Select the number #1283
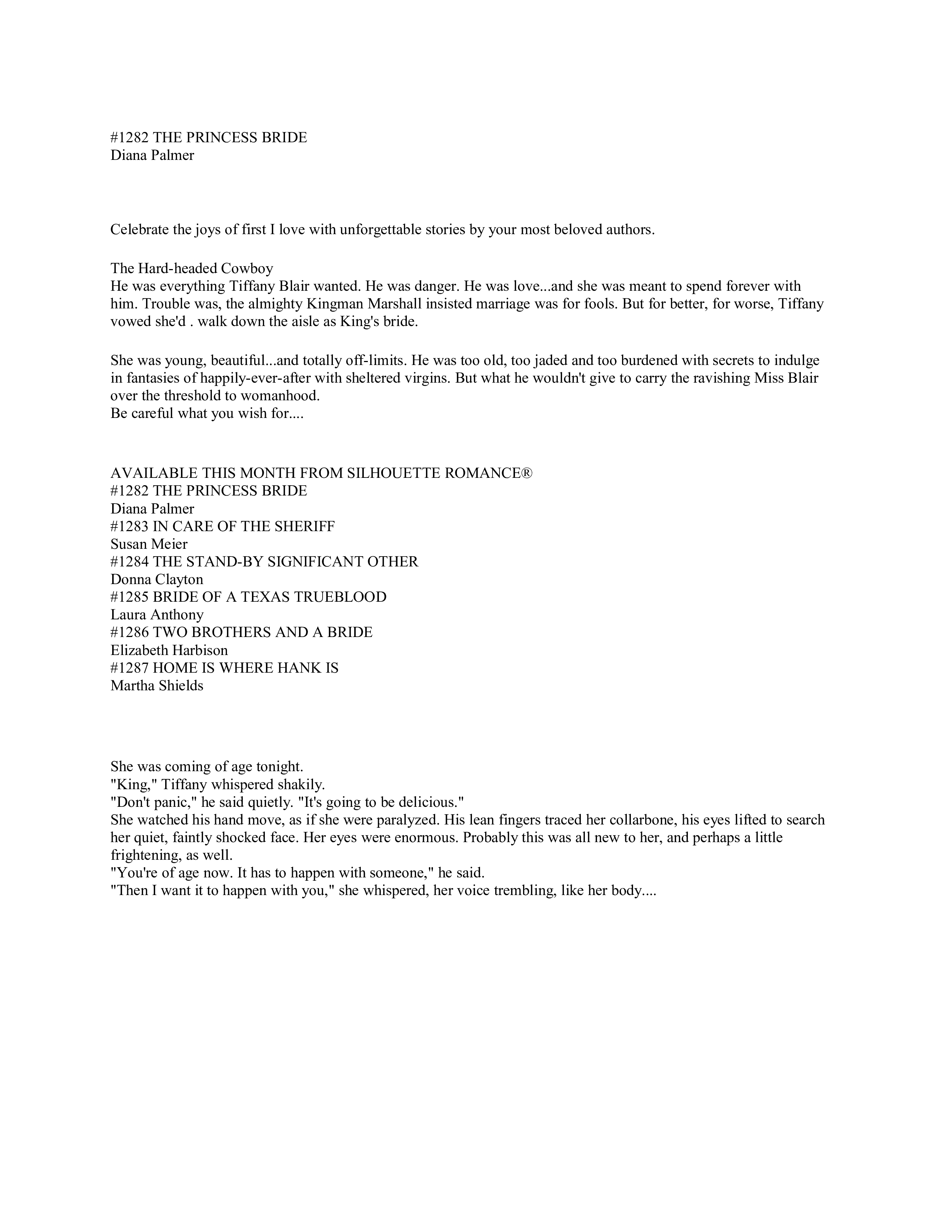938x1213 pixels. (129, 526)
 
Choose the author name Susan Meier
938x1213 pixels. (149, 544)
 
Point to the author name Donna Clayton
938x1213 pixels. (157, 580)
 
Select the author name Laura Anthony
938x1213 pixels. (157, 615)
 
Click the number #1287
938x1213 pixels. (129, 668)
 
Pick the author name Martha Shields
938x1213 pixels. (157, 686)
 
